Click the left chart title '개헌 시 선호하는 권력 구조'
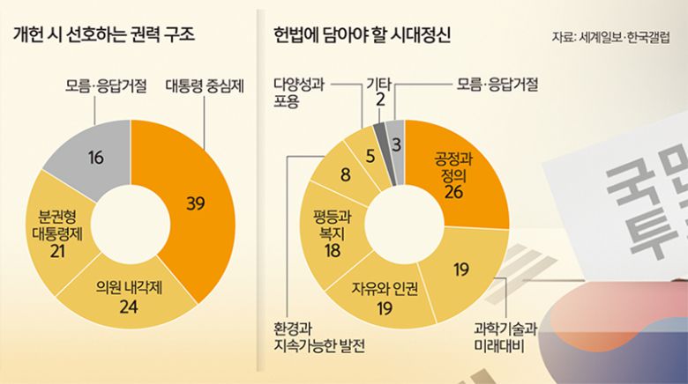tap(103, 36)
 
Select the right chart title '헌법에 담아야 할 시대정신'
tap(362, 36)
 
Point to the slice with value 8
tap(345, 174)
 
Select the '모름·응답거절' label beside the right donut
tap(497, 85)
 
